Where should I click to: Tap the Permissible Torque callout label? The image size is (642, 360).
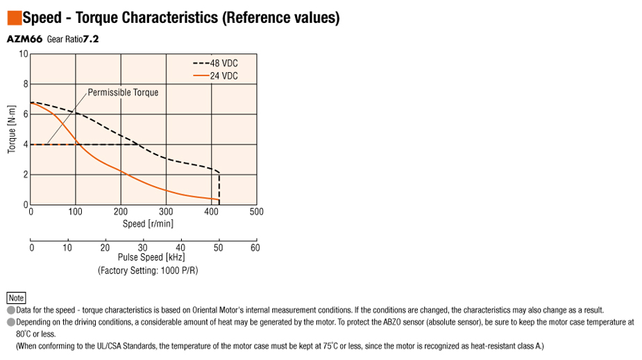[x=123, y=92]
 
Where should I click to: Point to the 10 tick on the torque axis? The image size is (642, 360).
[x=24, y=54]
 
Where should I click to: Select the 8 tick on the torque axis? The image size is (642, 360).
[x=26, y=84]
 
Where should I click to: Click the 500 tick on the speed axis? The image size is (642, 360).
[x=256, y=212]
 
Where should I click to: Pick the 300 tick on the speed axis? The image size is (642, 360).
[x=166, y=212]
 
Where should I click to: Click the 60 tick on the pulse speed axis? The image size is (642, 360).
[x=255, y=248]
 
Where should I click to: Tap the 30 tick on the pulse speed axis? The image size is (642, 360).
[x=143, y=248]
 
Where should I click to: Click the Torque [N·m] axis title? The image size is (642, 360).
[x=12, y=129]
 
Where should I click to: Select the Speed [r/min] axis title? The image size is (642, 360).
[x=148, y=223]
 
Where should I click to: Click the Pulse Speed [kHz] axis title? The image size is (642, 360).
[x=147, y=257]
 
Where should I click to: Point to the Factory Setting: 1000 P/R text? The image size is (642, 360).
[x=148, y=270]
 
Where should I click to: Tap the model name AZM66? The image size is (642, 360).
[x=24, y=40]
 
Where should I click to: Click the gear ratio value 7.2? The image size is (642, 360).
[x=91, y=40]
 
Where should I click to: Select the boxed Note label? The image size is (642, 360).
[x=16, y=298]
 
